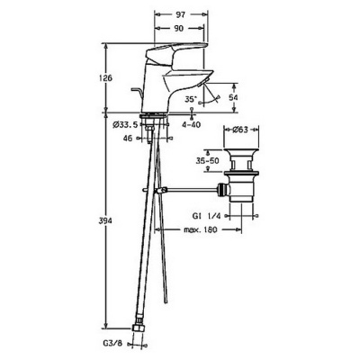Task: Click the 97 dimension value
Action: click(181, 14)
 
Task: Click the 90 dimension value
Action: click(178, 28)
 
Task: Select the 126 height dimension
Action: click(105, 78)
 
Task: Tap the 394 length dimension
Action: click(105, 221)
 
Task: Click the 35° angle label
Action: click(191, 99)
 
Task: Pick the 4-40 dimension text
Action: click(193, 124)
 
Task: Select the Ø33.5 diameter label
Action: click(125, 124)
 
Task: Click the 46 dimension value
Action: click(128, 138)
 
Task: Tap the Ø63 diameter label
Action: click(240, 130)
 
